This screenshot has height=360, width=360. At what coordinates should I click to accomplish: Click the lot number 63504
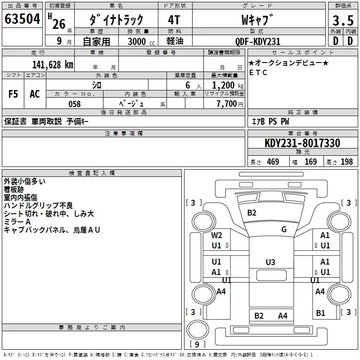click(x=22, y=19)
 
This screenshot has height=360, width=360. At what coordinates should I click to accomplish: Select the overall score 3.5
click(x=342, y=21)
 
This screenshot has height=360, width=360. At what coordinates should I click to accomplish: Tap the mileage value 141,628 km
click(x=53, y=64)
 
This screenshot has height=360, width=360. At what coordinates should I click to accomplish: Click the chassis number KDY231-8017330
click(x=302, y=143)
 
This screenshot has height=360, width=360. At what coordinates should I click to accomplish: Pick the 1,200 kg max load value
click(x=224, y=85)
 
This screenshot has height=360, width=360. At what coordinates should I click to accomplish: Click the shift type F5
click(x=13, y=94)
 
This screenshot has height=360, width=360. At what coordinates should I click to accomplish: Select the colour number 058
click(x=74, y=104)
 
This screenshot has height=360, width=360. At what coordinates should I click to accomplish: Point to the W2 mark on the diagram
click(x=217, y=235)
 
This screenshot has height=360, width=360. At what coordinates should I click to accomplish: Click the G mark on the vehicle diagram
click(x=284, y=229)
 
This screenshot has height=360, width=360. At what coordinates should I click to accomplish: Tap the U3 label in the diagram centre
click(x=270, y=262)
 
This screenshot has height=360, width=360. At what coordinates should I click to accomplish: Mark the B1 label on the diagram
click(x=320, y=313)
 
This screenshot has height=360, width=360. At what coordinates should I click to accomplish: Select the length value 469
click(x=273, y=162)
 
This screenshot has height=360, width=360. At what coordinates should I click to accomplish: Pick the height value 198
click(x=347, y=162)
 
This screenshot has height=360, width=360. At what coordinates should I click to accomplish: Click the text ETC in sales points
click(x=258, y=72)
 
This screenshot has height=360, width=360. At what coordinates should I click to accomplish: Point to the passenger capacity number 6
click(x=186, y=85)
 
